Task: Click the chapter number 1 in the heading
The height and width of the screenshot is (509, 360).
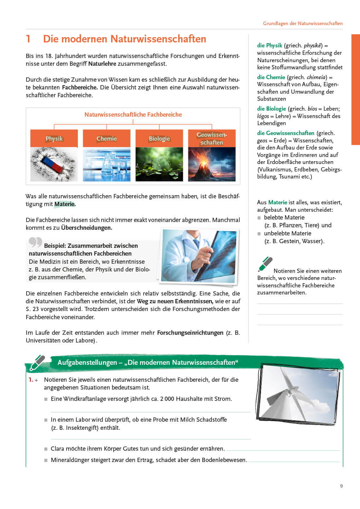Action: [28, 39]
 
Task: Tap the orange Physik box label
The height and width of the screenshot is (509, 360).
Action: [54, 139]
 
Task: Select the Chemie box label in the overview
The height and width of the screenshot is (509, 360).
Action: [106, 139]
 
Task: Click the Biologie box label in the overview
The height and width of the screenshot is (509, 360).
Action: [159, 139]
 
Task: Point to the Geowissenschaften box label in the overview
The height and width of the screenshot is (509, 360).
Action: [211, 139]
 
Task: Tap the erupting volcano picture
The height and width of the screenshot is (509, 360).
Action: [211, 165]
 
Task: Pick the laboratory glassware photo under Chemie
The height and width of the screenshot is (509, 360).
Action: [106, 165]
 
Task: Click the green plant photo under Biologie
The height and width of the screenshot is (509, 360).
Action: [159, 165]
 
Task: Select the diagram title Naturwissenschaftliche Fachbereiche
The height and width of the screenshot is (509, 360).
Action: [133, 115]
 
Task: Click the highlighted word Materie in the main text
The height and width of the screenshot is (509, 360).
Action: [65, 204]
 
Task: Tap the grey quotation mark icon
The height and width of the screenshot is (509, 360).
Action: [35, 242]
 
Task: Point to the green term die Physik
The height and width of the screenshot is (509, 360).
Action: [269, 45]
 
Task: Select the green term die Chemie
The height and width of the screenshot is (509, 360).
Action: [271, 77]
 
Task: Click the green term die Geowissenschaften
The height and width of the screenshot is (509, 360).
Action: [285, 133]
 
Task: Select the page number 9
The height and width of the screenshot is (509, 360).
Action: [341, 486]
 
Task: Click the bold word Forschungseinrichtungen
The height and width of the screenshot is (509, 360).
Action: [190, 333]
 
